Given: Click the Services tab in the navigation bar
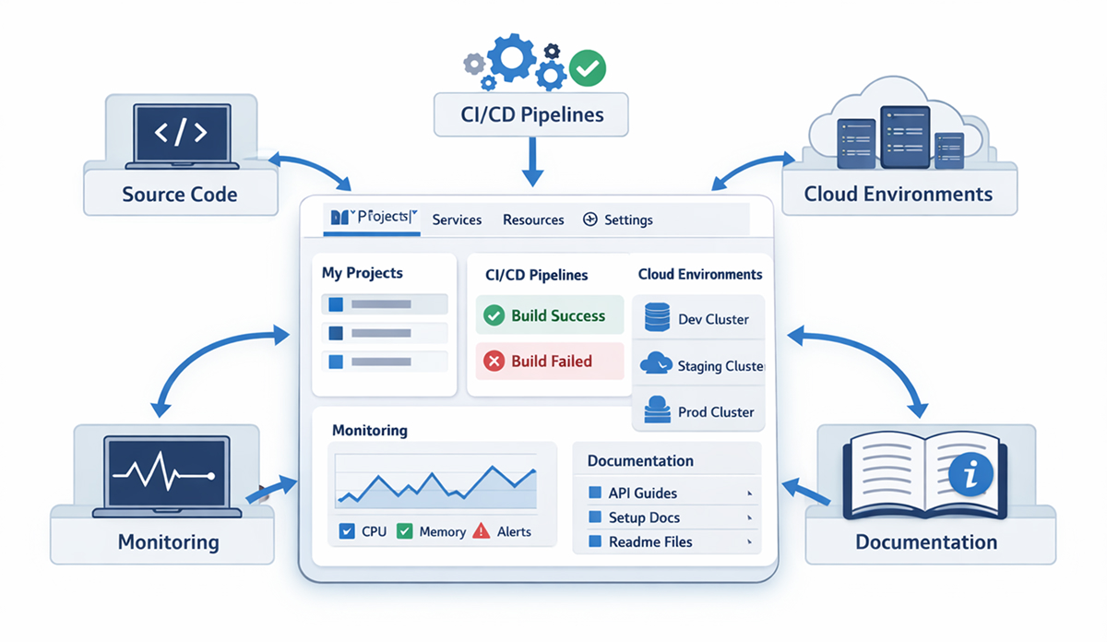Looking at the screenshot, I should pyautogui.click(x=457, y=220).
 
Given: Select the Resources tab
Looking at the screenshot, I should pyautogui.click(x=533, y=220).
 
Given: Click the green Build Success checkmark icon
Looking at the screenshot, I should pyautogui.click(x=494, y=315).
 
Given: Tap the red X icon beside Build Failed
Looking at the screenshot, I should pyautogui.click(x=494, y=362).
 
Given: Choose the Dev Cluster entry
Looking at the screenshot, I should pyautogui.click(x=712, y=319).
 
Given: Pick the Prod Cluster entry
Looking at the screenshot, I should pyautogui.click(x=715, y=411).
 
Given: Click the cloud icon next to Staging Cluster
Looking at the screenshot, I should pyautogui.click(x=656, y=363).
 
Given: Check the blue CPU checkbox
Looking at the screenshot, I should pyautogui.click(x=348, y=531).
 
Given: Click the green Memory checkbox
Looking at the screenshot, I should pyautogui.click(x=404, y=531).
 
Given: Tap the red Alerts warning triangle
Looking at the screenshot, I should pyautogui.click(x=482, y=531).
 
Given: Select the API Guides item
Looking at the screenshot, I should pyautogui.click(x=642, y=493).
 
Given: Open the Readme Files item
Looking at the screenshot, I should pyautogui.click(x=649, y=541).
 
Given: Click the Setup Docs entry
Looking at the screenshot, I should pyautogui.click(x=644, y=517).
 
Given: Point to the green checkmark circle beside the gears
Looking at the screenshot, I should pyautogui.click(x=588, y=67).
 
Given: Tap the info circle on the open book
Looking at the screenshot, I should pyautogui.click(x=970, y=475).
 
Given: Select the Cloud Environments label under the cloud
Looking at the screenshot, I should pyautogui.click(x=898, y=195).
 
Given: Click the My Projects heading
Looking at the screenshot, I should pyautogui.click(x=362, y=273).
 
